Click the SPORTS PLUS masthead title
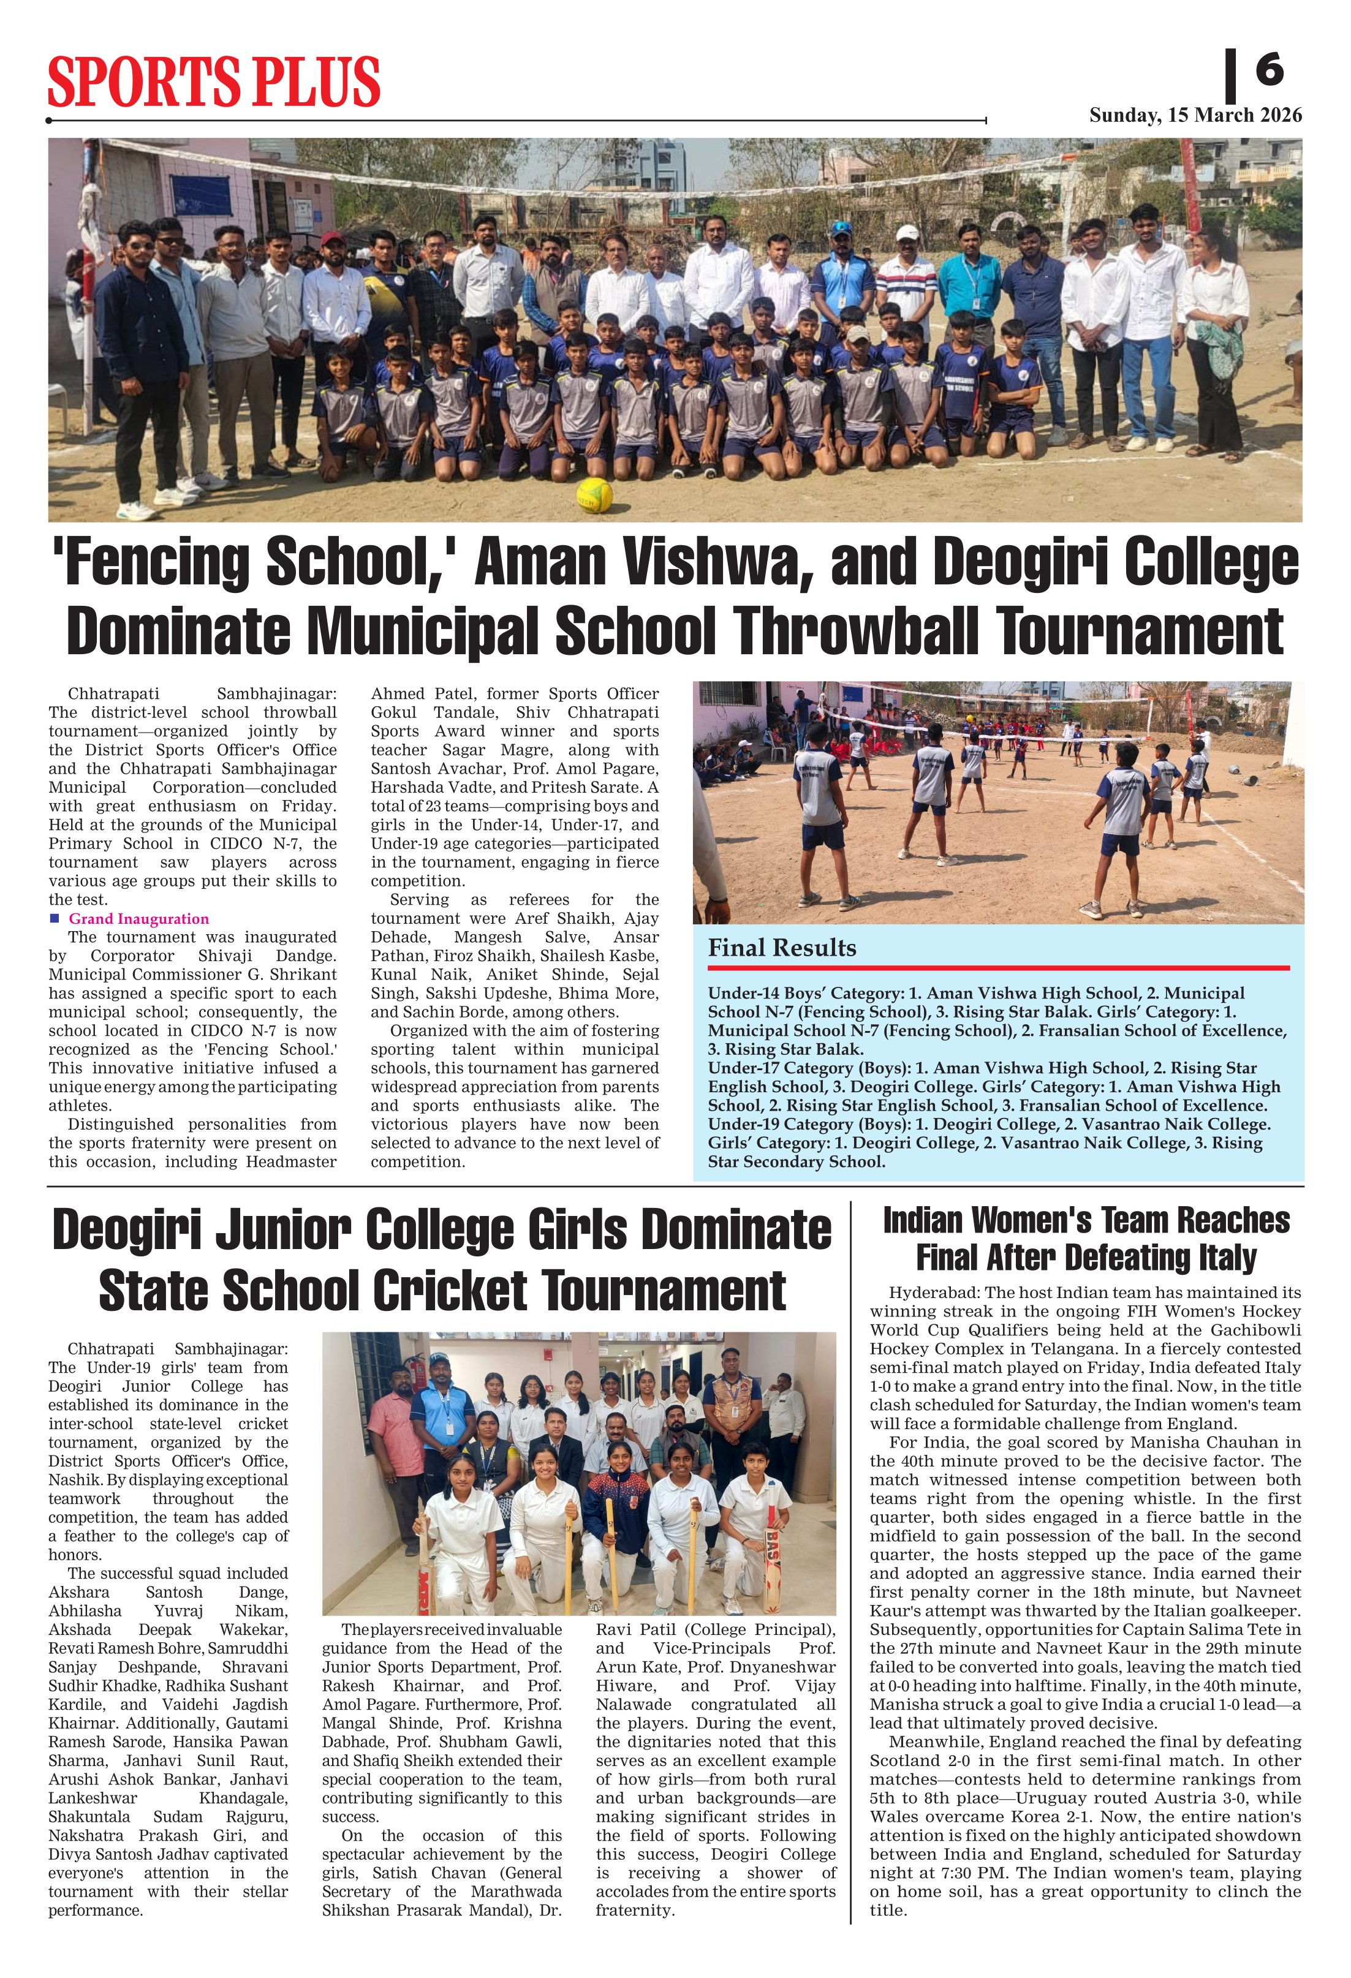(x=214, y=81)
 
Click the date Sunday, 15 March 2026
(x=1195, y=116)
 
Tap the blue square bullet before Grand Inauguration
(x=55, y=918)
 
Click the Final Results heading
(x=781, y=948)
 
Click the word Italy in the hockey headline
(x=1215, y=1257)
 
